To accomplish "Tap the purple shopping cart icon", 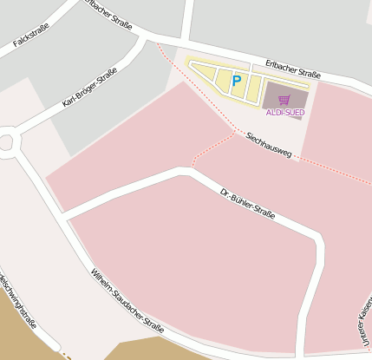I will click(284, 101).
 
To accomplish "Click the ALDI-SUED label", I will click(284, 113).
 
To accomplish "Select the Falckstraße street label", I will click(31, 40).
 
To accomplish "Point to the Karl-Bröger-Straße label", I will click(89, 89).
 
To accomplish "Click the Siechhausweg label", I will click(268, 143).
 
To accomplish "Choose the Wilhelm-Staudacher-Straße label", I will click(127, 302).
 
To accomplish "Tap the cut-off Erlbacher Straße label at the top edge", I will click(108, 13).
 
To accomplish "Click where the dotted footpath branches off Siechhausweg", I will click(237, 133).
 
